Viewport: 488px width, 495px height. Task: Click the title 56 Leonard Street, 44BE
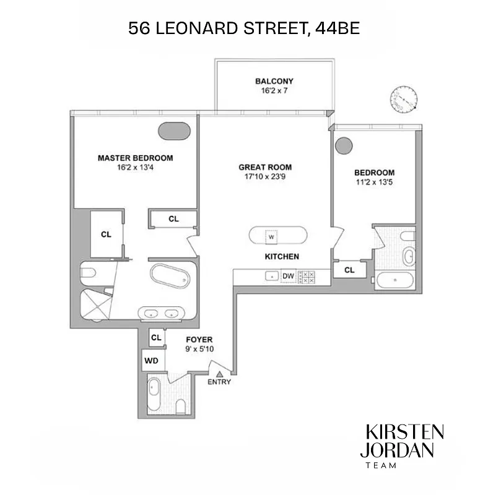point(243,28)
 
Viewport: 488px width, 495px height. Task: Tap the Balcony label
point(274,81)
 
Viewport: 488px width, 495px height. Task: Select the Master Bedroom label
point(135,158)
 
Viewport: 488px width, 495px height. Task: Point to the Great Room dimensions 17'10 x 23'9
point(265,176)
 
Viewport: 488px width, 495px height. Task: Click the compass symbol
point(404,99)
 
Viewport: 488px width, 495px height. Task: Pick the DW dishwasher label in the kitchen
point(288,277)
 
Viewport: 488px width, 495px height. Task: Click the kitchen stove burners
point(307,277)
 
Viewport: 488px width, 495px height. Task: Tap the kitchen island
point(277,236)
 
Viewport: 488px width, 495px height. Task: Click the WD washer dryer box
point(151,360)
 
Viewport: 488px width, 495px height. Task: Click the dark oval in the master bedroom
point(175,131)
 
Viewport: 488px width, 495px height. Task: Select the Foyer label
point(199,340)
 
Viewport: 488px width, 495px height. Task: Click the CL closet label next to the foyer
point(156,338)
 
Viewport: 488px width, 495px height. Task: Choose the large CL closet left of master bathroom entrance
point(105,234)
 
